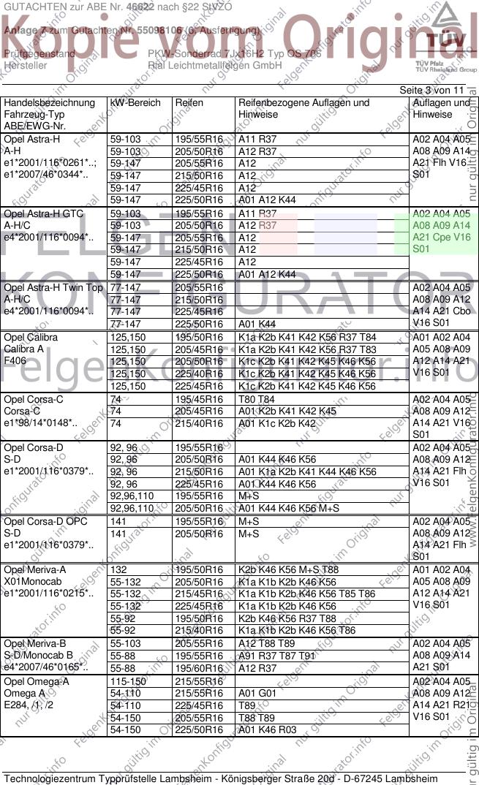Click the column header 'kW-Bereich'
(x=135, y=103)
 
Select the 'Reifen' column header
(x=189, y=103)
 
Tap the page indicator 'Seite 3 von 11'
(x=431, y=90)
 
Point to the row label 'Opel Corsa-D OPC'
(x=44, y=522)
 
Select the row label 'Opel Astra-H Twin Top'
(x=53, y=288)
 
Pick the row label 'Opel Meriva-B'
(x=35, y=644)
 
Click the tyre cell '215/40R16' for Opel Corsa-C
(x=199, y=423)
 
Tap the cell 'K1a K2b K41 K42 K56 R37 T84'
(x=307, y=338)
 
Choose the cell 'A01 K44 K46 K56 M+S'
(x=289, y=508)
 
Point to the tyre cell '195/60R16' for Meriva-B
(x=199, y=668)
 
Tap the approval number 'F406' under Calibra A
(x=15, y=361)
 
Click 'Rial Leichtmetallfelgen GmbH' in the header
(x=215, y=65)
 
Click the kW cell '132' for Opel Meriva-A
(x=118, y=570)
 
